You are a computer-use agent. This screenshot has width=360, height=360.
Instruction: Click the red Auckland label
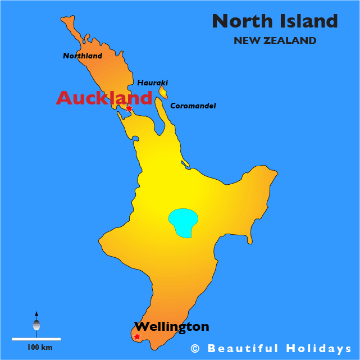[x=104, y=98]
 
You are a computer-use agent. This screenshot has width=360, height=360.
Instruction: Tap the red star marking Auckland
[x=129, y=108]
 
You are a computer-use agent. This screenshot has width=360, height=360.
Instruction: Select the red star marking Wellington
[x=137, y=337]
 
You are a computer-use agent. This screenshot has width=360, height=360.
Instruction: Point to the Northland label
[x=83, y=56]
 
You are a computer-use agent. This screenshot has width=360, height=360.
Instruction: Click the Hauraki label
[x=153, y=83]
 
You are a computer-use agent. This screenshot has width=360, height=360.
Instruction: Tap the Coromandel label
[x=193, y=106]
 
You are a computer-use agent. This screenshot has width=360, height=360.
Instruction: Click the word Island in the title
[x=309, y=21]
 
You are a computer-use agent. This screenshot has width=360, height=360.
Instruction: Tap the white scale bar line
[x=36, y=339]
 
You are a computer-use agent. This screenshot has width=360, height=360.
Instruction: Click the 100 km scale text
[x=39, y=348]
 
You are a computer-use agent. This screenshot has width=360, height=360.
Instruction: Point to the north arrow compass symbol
[x=37, y=323]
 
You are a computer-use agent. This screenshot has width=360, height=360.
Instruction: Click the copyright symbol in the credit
[x=195, y=349]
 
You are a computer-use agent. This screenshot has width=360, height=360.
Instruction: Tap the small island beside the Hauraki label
[x=163, y=92]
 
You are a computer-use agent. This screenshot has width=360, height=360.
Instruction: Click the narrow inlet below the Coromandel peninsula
[x=185, y=164]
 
